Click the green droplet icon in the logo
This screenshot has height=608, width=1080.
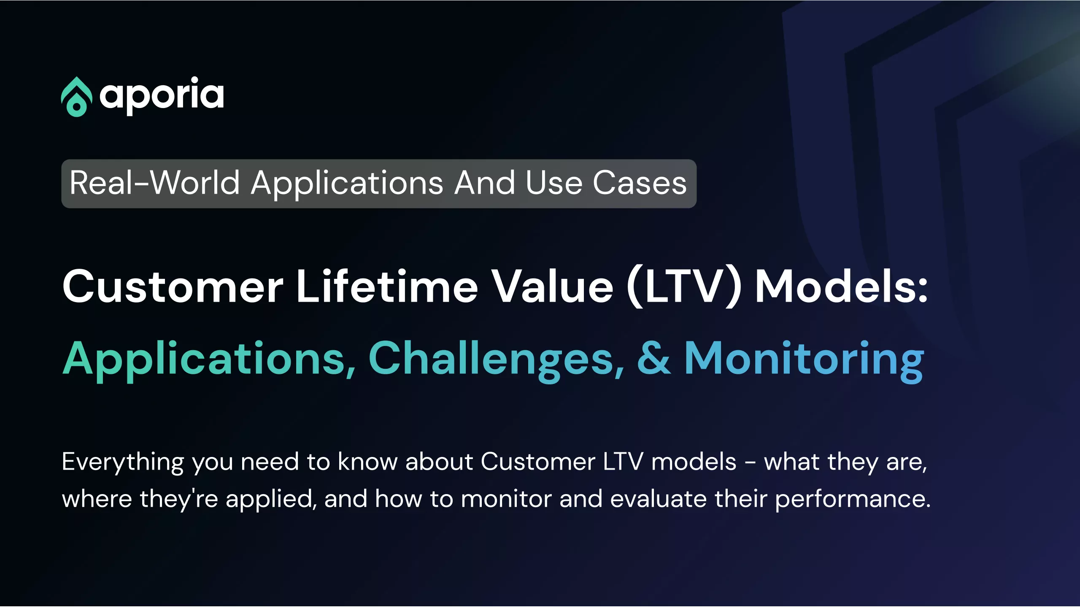click(76, 97)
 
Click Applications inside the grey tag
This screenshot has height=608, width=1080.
click(347, 184)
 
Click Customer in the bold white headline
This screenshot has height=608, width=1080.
click(173, 287)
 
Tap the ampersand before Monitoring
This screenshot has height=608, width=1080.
click(653, 358)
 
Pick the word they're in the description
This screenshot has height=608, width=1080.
click(179, 500)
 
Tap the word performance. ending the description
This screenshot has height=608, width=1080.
click(853, 500)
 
